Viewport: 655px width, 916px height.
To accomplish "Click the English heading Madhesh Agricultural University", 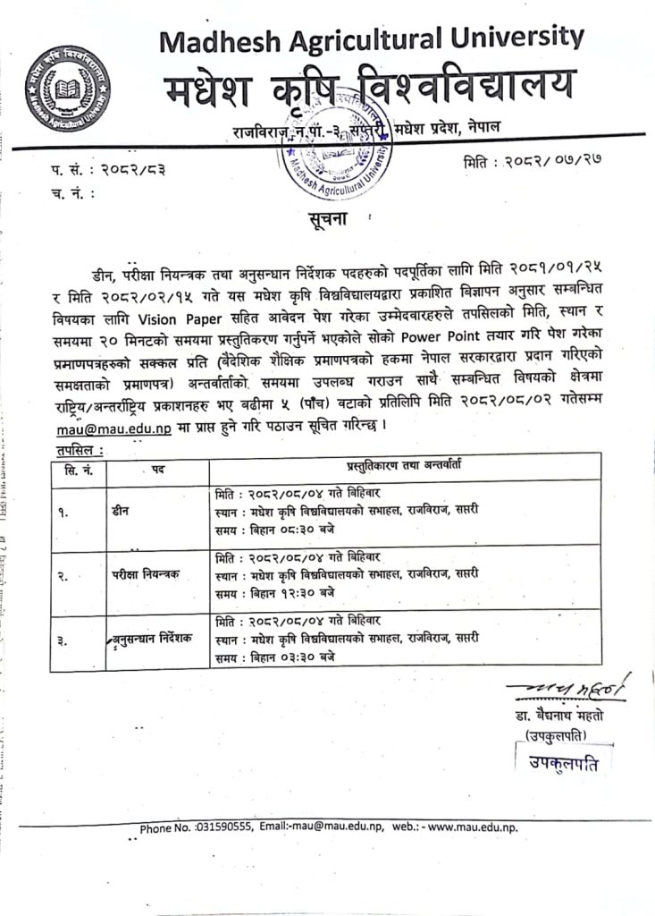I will (x=372, y=38).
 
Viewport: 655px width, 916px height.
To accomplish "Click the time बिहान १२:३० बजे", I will (x=285, y=593).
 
